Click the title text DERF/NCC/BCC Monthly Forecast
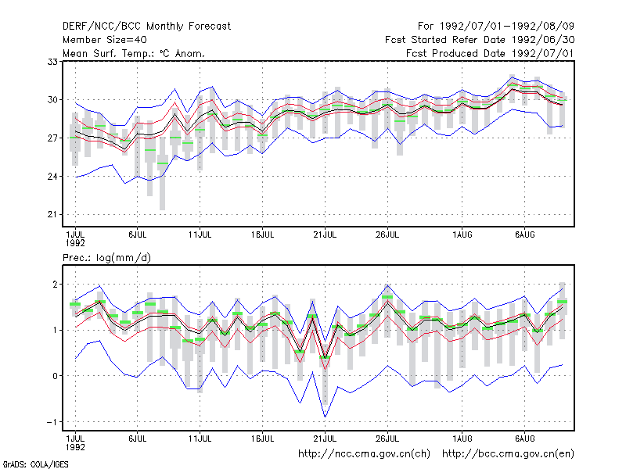click(x=146, y=27)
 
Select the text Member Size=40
click(x=105, y=40)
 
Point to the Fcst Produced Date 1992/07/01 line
click(x=490, y=53)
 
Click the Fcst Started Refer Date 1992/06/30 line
click(x=480, y=40)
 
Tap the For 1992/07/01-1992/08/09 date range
click(x=496, y=27)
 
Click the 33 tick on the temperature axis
click(x=52, y=62)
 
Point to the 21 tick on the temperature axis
click(x=52, y=214)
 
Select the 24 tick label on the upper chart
click(x=52, y=177)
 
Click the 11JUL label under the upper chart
click(x=200, y=235)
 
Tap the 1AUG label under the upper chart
click(x=462, y=235)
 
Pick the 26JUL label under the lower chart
click(x=387, y=439)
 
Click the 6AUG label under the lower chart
click(x=524, y=439)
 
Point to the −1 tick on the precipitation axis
click(x=52, y=422)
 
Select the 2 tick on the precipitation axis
click(x=55, y=285)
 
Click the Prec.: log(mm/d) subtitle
click(x=106, y=258)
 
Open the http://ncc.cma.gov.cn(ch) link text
click(x=364, y=454)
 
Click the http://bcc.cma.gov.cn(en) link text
click(x=508, y=454)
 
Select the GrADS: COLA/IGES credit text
click(x=35, y=464)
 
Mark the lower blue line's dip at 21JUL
click(x=325, y=417)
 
